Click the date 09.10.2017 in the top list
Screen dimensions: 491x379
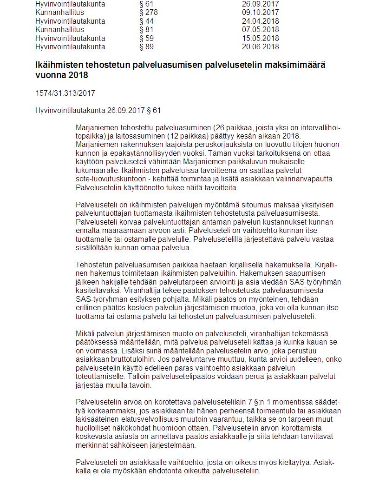[x=260, y=12]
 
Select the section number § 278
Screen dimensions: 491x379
[x=148, y=12]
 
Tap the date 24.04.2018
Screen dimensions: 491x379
[x=260, y=21]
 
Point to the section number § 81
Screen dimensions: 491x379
[x=146, y=30]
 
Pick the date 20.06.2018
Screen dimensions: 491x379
[x=260, y=47]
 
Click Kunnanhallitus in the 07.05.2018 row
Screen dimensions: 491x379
[x=59, y=30]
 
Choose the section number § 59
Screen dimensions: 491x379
[x=146, y=38]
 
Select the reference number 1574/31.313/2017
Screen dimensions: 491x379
[x=65, y=93]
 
